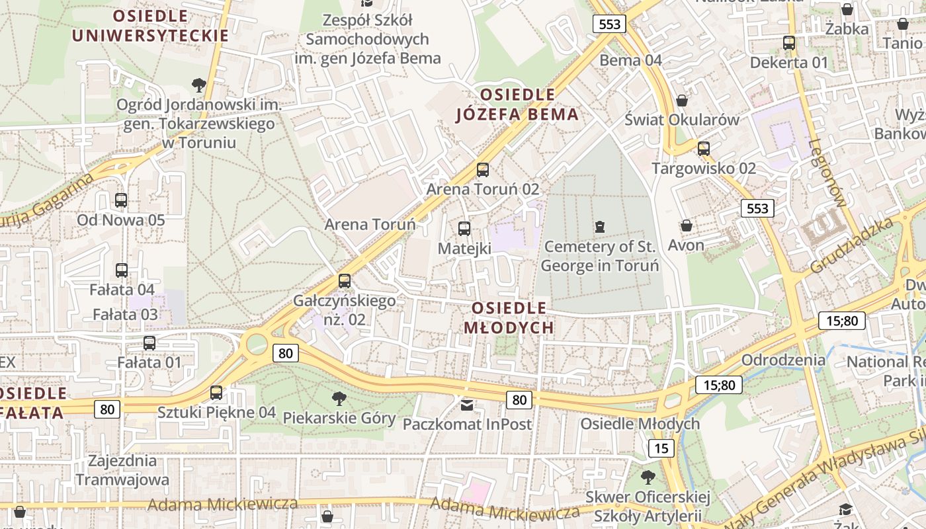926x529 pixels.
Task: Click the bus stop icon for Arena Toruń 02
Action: [x=483, y=170]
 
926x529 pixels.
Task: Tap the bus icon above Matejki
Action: [x=464, y=229]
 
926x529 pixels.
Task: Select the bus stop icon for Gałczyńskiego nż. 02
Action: [x=345, y=281]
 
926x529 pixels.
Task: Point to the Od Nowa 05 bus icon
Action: [x=121, y=200]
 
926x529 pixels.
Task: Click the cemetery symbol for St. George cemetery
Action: [x=600, y=227]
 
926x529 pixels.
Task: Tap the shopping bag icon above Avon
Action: [x=687, y=225]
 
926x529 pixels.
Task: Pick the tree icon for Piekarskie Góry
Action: [x=339, y=398]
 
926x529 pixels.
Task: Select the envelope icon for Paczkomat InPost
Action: [x=467, y=404]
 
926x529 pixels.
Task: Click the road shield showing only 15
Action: [x=661, y=448]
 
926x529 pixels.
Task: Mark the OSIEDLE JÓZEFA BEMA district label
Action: [x=518, y=104]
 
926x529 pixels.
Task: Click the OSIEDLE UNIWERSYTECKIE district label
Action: [x=150, y=25]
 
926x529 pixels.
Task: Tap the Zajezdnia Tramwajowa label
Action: [x=122, y=470]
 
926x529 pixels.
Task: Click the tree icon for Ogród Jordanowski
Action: [x=198, y=85]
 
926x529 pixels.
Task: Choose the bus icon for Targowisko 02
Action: [x=704, y=149]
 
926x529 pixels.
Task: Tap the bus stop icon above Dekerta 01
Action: [x=789, y=43]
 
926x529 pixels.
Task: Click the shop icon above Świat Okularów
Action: [x=682, y=101]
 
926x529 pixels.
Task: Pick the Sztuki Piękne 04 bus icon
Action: [x=216, y=393]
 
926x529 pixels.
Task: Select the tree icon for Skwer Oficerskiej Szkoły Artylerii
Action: [x=648, y=477]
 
